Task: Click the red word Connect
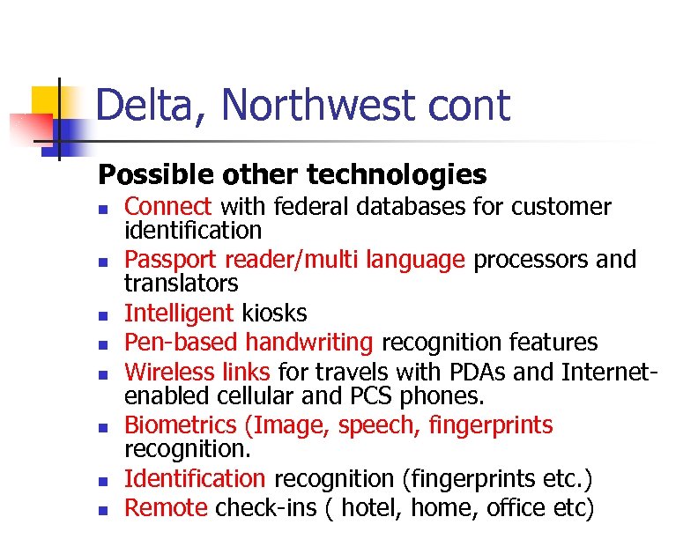pyautogui.click(x=168, y=207)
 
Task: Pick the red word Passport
pyautogui.click(x=171, y=260)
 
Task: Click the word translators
pyautogui.click(x=181, y=284)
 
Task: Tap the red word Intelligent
pyautogui.click(x=179, y=314)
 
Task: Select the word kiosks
pyautogui.click(x=273, y=314)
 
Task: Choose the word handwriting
pyautogui.click(x=309, y=343)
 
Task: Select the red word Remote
pyautogui.click(x=167, y=507)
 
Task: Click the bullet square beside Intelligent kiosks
pyautogui.click(x=103, y=314)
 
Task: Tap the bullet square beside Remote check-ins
pyautogui.click(x=103, y=509)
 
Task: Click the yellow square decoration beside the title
pyautogui.click(x=46, y=103)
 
